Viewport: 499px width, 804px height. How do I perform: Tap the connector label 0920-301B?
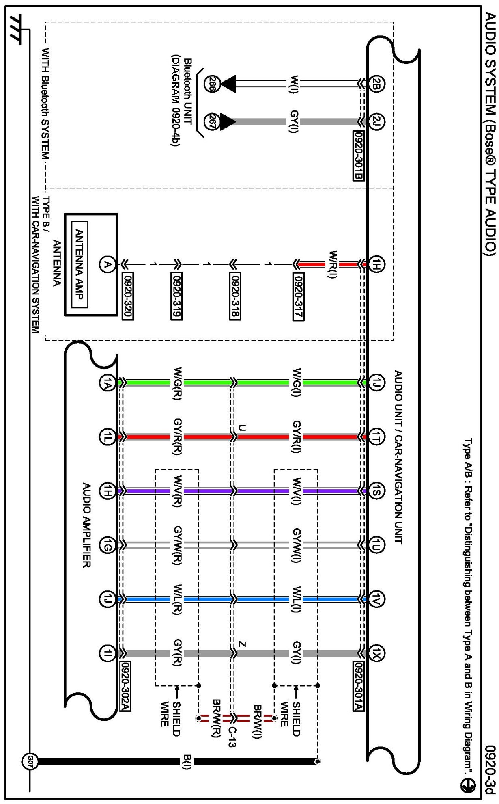click(x=359, y=155)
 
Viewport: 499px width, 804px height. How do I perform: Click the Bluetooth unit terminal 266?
click(x=211, y=84)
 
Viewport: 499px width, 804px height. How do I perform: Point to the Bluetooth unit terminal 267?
click(x=211, y=121)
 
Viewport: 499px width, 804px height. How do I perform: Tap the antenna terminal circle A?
click(x=107, y=264)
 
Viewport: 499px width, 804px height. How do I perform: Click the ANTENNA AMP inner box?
click(x=80, y=264)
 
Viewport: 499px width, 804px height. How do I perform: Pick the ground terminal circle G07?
click(x=30, y=761)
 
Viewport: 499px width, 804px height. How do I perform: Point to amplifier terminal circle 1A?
click(x=107, y=383)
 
